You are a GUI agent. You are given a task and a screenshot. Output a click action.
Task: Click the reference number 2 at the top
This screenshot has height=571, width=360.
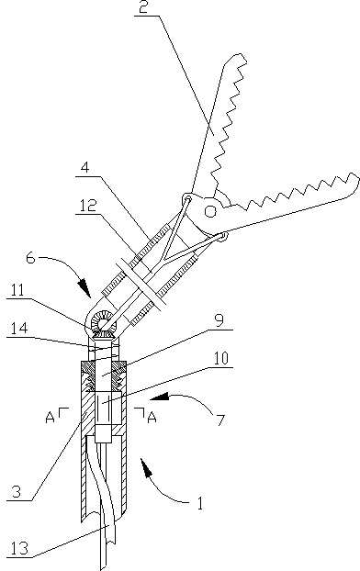tap(144, 7)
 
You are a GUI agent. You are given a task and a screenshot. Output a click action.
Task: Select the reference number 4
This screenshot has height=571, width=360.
tap(84, 168)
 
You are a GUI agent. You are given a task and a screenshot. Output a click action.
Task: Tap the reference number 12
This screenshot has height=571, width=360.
tap(87, 207)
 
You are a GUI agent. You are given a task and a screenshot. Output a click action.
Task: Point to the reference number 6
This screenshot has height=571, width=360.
tap(31, 258)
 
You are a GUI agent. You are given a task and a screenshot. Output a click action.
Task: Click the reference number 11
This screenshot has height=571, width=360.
tap(17, 291)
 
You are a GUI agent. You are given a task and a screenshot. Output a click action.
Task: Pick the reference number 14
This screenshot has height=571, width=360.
tap(18, 329)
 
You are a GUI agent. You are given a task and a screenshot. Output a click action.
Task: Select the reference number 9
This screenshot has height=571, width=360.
tap(219, 322)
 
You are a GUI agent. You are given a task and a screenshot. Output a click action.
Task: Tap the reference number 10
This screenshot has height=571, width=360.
tap(220, 358)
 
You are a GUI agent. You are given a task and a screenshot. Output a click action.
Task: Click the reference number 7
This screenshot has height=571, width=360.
tap(219, 420)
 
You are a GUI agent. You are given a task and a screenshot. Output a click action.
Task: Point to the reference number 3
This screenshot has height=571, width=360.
tap(17, 492)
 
